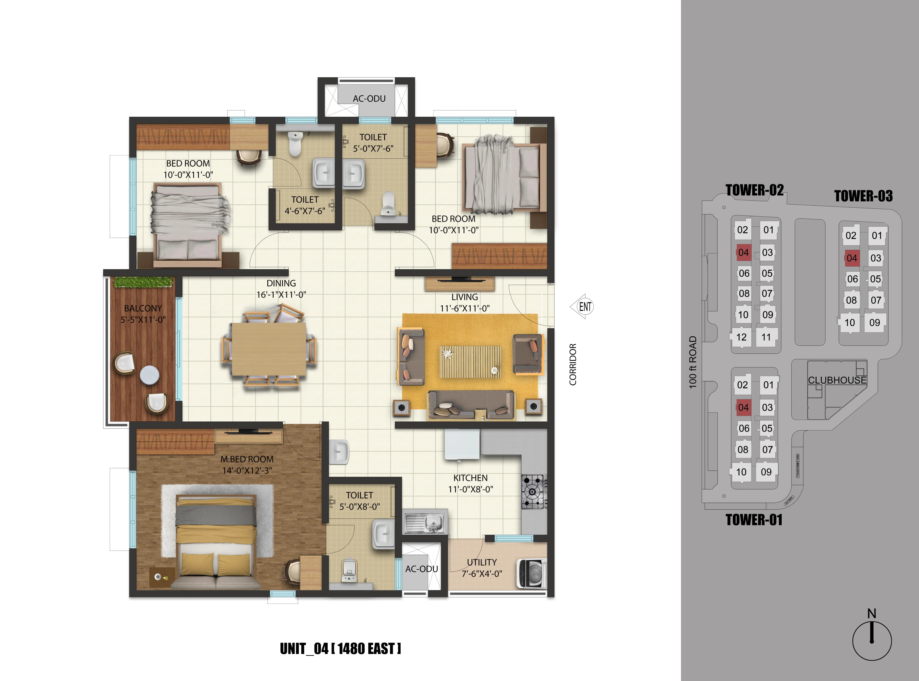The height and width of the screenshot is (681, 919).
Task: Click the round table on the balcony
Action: pos(149,375)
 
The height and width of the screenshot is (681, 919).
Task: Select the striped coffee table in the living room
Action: pos(470,362)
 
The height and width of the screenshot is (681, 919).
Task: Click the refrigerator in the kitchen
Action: pos(462,444)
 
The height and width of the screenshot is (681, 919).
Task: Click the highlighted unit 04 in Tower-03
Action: pos(852,258)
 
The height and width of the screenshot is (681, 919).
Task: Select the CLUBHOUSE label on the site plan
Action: pos(837,380)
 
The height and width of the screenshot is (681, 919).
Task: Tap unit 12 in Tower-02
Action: pos(741,337)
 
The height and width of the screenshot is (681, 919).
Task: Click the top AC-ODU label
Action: pos(369,99)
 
